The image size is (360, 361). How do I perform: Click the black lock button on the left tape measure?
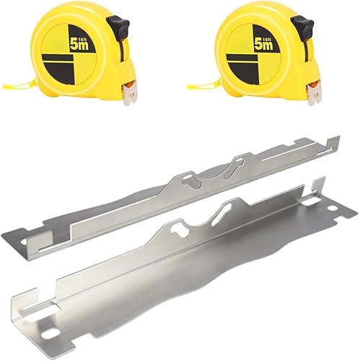(118, 27)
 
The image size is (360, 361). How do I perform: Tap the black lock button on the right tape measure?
(302, 27)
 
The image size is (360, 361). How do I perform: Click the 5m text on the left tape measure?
(79, 44)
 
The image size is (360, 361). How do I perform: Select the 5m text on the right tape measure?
(263, 44)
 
